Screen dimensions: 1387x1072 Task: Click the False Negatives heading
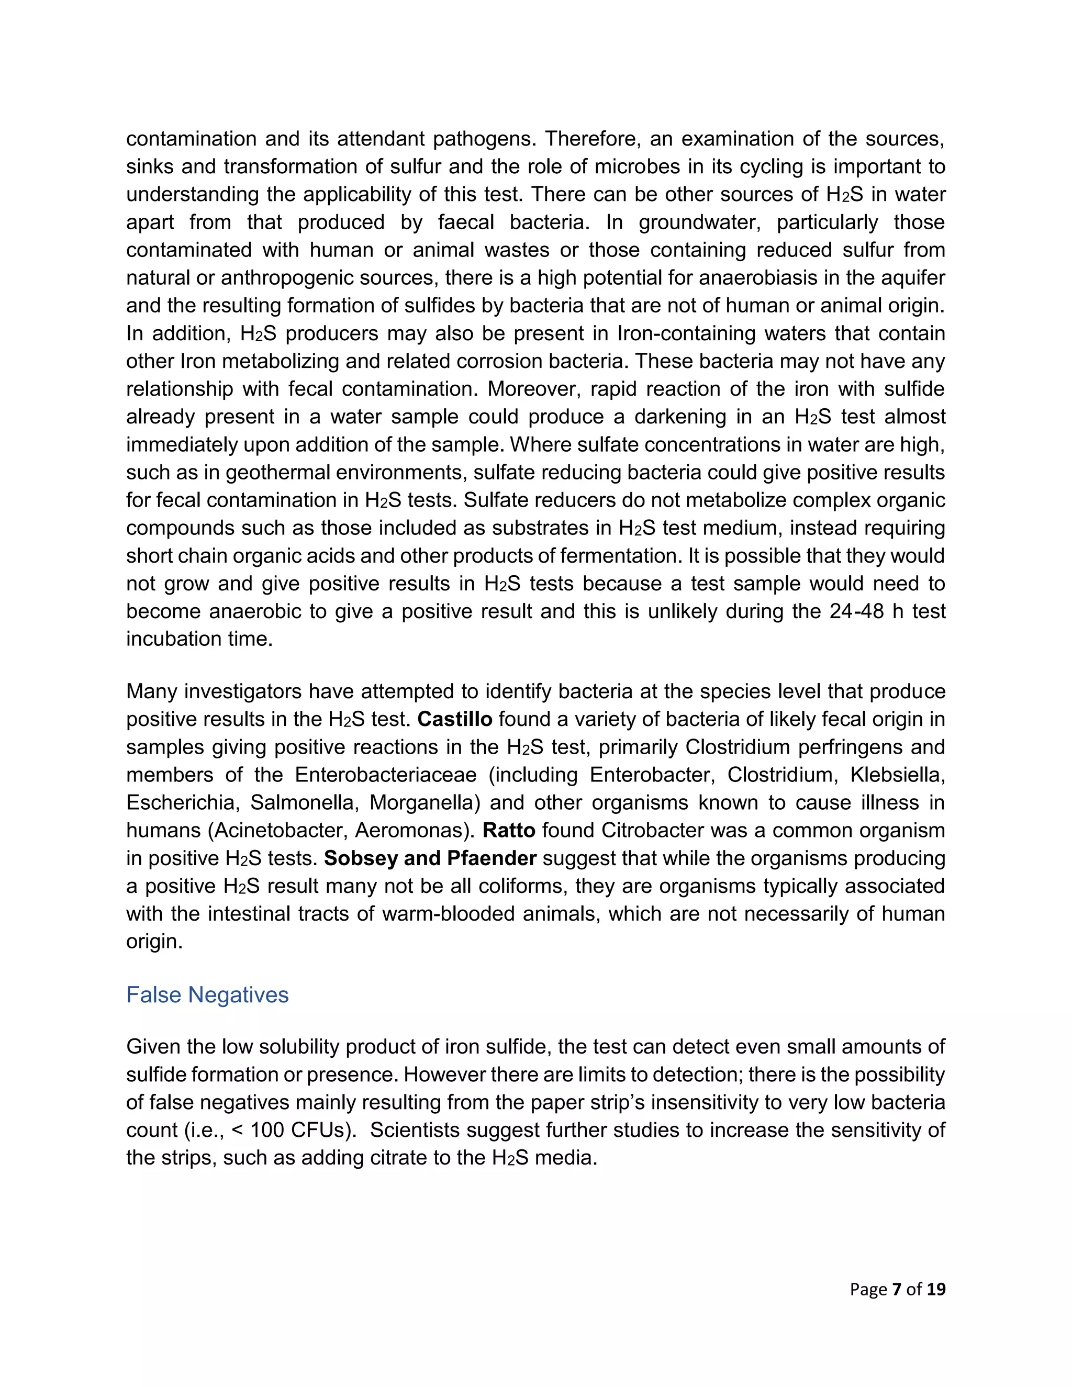[x=207, y=994]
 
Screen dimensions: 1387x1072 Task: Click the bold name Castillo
[x=455, y=719]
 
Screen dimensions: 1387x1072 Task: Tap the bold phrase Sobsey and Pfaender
[x=430, y=858]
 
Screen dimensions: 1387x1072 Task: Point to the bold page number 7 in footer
[x=897, y=1289]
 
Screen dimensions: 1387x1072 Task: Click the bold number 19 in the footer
[x=935, y=1289]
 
